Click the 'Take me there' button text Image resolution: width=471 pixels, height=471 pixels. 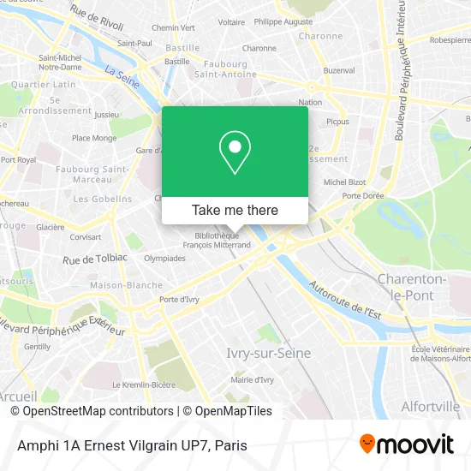pyautogui.click(x=235, y=210)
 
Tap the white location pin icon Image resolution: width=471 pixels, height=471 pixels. pyautogui.click(x=235, y=152)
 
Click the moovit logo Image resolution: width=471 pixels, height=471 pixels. pyautogui.click(x=406, y=444)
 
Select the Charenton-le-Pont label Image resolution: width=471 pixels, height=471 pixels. pyautogui.click(x=411, y=286)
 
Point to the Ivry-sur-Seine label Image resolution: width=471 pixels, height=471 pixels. pyautogui.click(x=268, y=353)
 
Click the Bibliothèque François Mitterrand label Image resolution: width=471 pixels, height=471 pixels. pyautogui.click(x=217, y=239)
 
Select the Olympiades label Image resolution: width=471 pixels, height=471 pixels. pyautogui.click(x=140, y=257)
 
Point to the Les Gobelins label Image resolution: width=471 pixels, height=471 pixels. pyautogui.click(x=102, y=199)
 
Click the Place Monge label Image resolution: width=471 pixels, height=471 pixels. pyautogui.click(x=94, y=138)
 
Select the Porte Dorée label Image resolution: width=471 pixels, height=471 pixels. pyautogui.click(x=361, y=196)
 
